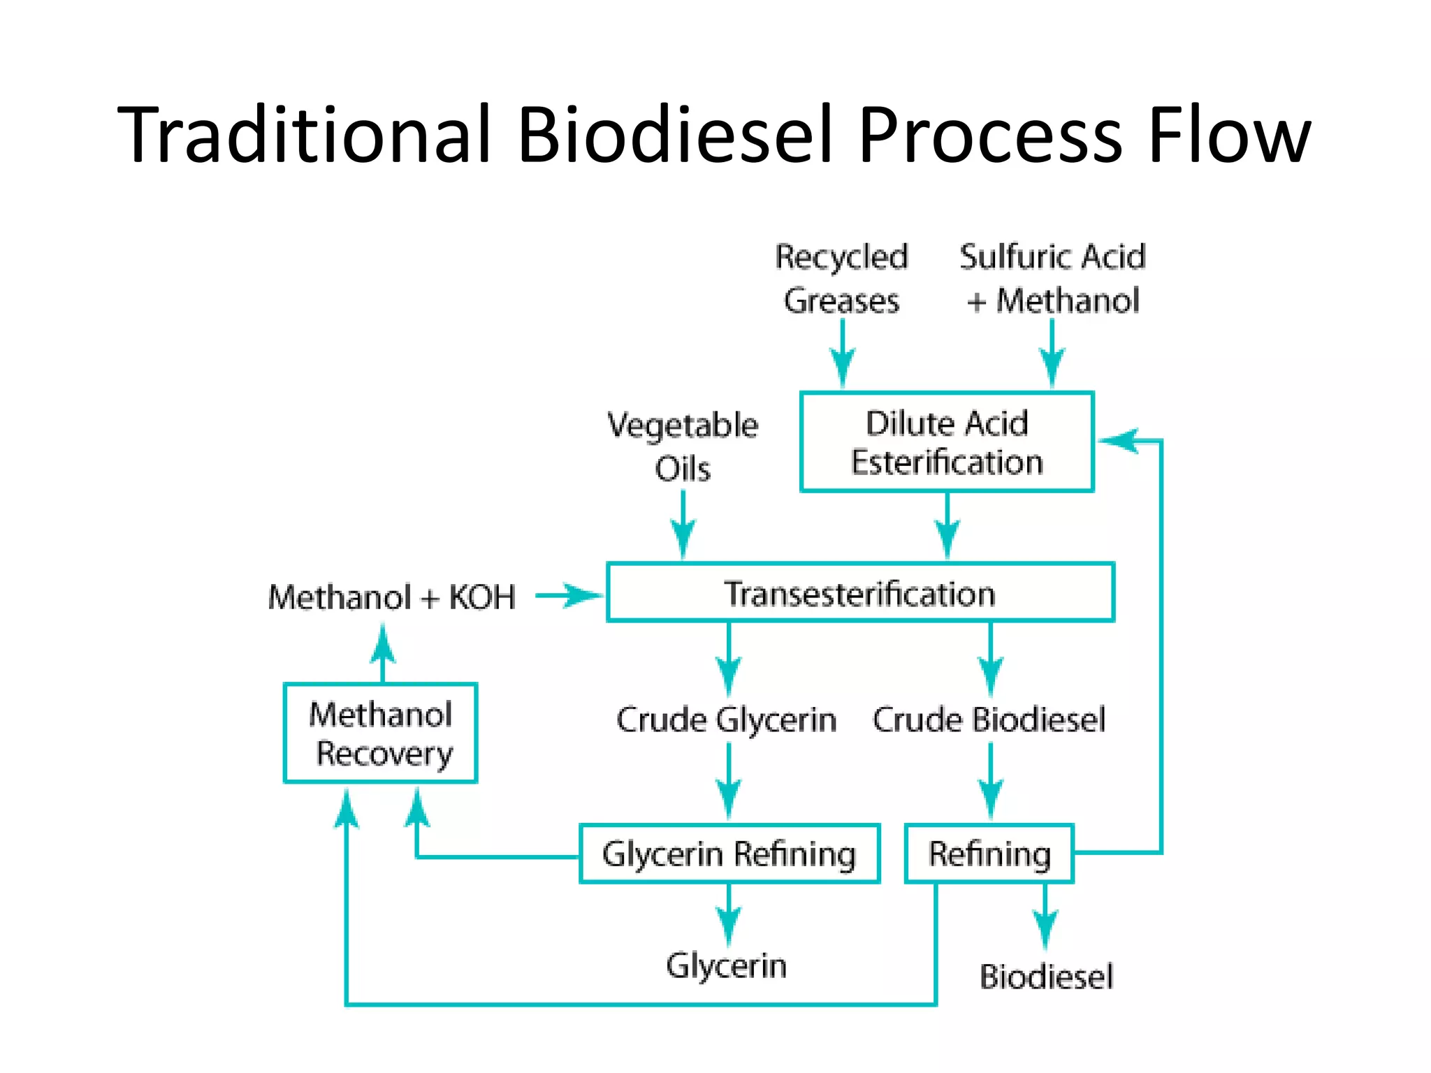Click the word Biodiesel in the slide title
pos(675,134)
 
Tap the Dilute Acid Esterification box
pos(947,442)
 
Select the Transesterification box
pos(860,593)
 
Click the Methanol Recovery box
pos(381,733)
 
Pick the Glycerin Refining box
pos(729,854)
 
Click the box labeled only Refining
pos(989,854)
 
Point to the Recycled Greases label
pos(841,278)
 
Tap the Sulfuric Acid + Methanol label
pos(1052,278)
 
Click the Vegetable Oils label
pos(683,446)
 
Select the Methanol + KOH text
pos(391,597)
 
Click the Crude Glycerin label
pos(726,720)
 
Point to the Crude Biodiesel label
pos(989,720)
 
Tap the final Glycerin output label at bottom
pos(726,966)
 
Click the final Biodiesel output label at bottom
pos(1046,976)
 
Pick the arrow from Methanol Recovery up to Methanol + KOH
pos(382,650)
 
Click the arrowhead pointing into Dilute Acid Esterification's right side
pos(1118,441)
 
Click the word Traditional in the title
pos(304,134)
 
